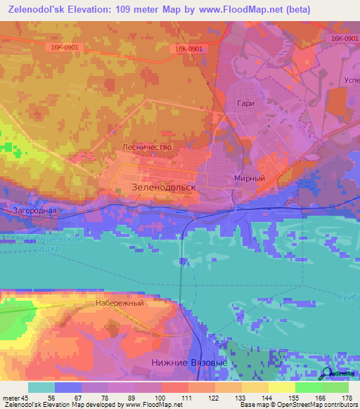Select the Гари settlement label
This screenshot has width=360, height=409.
pyautogui.click(x=246, y=102)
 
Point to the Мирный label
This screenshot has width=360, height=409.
pyautogui.click(x=250, y=178)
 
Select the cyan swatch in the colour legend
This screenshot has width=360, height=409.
pyautogui.click(x=41, y=387)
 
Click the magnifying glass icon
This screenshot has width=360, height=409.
pyautogui.click(x=327, y=373)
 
